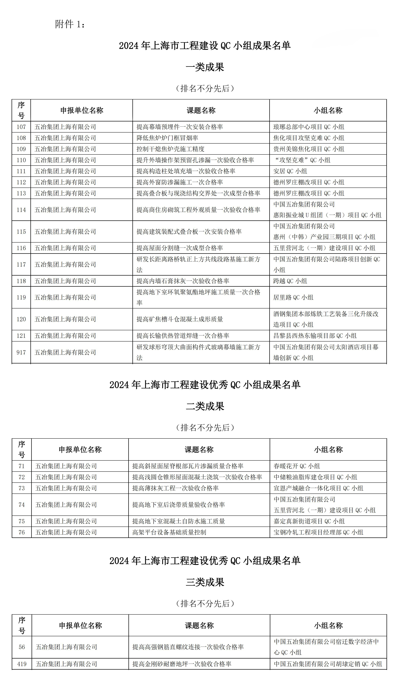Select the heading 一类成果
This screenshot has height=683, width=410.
205,67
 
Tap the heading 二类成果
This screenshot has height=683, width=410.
205,406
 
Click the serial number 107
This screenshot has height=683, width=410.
21,127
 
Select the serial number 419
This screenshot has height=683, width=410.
22,664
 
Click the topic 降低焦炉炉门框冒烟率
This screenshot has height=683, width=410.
167,138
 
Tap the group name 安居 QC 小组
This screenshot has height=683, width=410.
290,171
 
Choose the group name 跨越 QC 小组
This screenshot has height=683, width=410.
290,281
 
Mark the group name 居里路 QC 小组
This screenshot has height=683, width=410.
293,297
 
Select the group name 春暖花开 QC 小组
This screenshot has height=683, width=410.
296,466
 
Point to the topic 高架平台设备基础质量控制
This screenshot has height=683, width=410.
169,532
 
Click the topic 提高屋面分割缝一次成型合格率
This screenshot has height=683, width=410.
180,248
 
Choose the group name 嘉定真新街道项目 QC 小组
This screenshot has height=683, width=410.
309,521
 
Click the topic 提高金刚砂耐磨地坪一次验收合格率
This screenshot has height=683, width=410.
182,664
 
